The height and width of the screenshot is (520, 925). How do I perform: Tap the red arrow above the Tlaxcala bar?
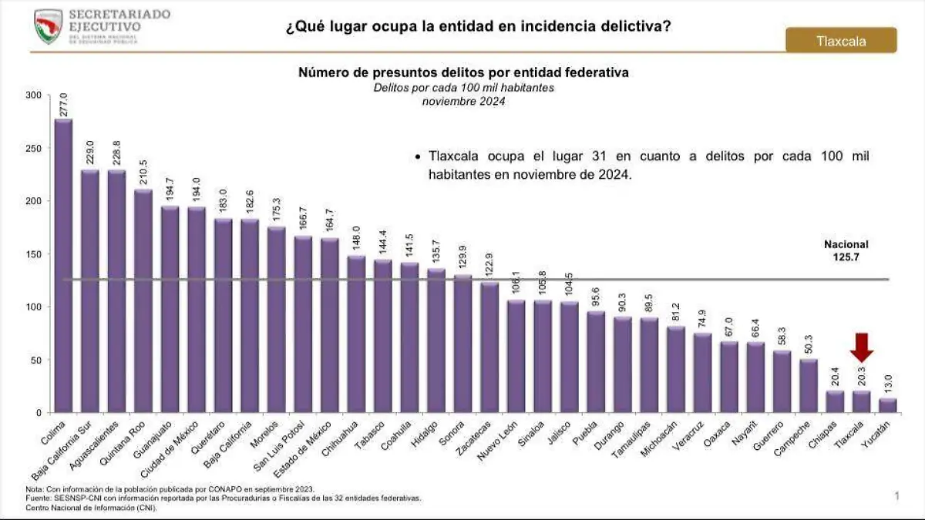pyautogui.click(x=862, y=347)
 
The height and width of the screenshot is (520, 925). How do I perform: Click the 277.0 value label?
pyautogui.click(x=63, y=104)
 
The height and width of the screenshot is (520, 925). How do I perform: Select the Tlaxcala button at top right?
pyautogui.click(x=841, y=41)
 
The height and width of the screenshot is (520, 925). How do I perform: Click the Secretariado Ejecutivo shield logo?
pyautogui.click(x=48, y=26)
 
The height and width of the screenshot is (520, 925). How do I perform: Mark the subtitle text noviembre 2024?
pyautogui.click(x=463, y=101)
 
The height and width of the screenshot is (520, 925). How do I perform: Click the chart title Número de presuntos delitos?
pyautogui.click(x=463, y=72)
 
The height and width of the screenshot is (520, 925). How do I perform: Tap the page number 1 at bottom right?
pyautogui.click(x=896, y=497)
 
